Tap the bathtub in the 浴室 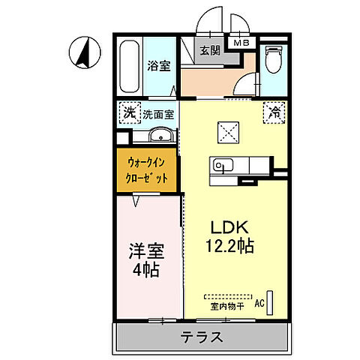[129, 67]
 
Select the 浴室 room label [157, 66]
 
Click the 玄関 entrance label [209, 50]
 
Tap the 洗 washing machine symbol [129, 114]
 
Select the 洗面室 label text [159, 115]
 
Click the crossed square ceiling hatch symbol [226, 131]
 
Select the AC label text [259, 303]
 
